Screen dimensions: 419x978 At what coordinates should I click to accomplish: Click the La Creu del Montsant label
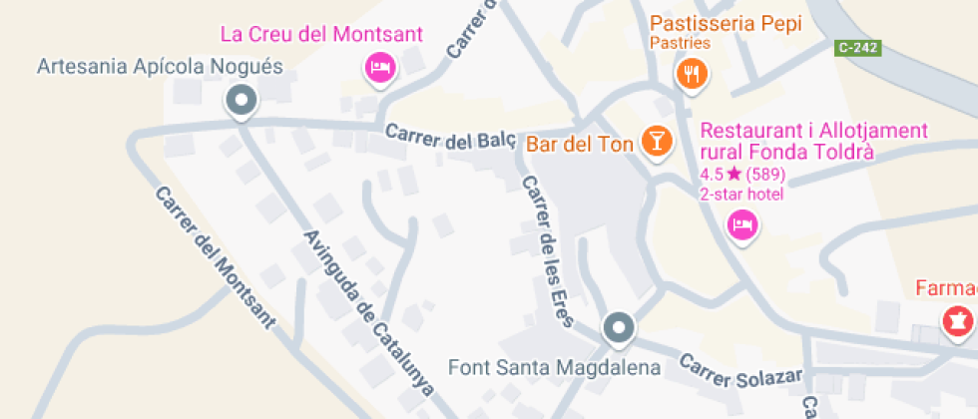tap(321, 34)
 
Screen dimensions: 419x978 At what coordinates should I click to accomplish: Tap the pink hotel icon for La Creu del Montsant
tap(380, 67)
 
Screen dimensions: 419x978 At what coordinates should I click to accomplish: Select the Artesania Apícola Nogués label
tap(160, 68)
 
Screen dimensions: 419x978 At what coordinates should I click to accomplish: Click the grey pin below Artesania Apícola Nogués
tap(241, 100)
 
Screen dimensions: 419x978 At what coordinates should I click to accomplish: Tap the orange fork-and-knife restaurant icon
tap(691, 72)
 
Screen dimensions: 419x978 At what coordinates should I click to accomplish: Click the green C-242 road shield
tap(858, 47)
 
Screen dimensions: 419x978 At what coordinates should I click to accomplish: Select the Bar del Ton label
tap(580, 145)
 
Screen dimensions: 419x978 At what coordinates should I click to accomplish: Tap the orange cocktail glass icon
tap(656, 141)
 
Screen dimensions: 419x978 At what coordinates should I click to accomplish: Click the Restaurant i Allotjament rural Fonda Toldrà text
tap(814, 142)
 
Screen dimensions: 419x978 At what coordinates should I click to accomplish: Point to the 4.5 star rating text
tap(742, 174)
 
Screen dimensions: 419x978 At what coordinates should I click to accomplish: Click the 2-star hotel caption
tap(741, 193)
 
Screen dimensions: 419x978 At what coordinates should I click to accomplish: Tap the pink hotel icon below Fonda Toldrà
tap(741, 224)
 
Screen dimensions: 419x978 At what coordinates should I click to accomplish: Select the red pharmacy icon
tap(957, 321)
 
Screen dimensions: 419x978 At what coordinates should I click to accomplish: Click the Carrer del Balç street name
tap(450, 138)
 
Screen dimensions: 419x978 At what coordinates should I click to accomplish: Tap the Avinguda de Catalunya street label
tap(368, 313)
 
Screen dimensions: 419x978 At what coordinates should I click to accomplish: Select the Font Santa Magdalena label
tap(555, 367)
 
